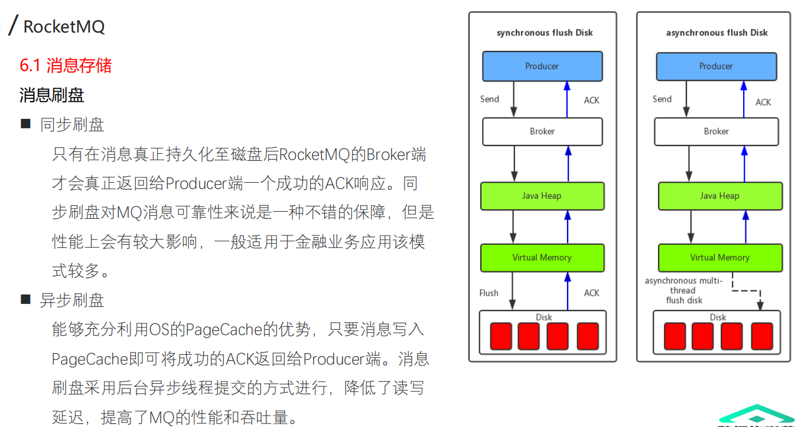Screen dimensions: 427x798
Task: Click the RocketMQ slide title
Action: [x=64, y=27]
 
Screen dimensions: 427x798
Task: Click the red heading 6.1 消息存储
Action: [x=66, y=65]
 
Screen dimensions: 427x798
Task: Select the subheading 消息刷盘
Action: [x=52, y=95]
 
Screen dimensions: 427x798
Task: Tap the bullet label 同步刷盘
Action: [x=72, y=125]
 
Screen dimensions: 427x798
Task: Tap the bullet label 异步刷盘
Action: [x=72, y=300]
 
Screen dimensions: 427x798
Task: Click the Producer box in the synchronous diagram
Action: [x=542, y=66]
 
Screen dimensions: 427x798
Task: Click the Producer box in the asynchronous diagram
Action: [x=716, y=66]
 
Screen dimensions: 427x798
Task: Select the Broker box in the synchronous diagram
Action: [x=542, y=131]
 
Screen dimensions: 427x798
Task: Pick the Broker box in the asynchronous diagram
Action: [x=716, y=131]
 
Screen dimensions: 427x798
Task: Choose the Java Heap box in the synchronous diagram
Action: [x=542, y=196]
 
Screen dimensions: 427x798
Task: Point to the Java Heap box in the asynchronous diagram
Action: [x=720, y=196]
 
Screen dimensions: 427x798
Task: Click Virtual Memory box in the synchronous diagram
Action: [x=542, y=257]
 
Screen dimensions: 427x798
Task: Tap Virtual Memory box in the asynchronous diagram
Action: [x=720, y=257]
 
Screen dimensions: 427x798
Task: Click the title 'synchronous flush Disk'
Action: [x=545, y=33]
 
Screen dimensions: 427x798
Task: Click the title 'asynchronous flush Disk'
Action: [x=716, y=33]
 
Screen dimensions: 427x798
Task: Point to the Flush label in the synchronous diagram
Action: [x=488, y=293]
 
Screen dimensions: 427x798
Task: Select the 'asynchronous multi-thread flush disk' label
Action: [x=683, y=290]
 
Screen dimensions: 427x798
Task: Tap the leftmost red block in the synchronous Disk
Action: [x=500, y=336]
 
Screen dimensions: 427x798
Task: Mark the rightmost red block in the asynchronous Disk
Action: [x=761, y=336]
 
